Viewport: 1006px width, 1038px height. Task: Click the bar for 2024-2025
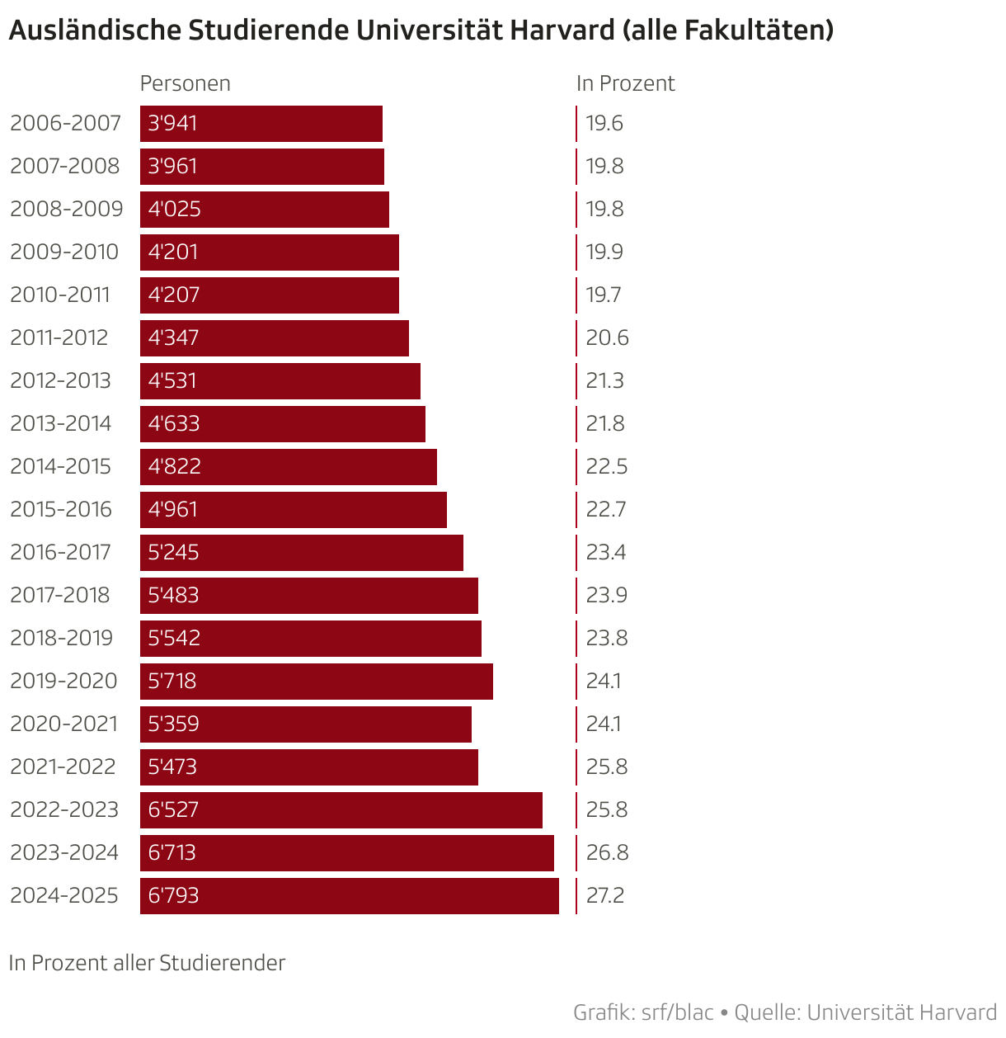[x=350, y=895]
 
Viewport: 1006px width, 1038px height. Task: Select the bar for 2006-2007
[x=261, y=123]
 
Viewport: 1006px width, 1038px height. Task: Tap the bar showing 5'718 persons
[x=317, y=681]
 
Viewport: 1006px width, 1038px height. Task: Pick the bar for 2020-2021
[x=306, y=724]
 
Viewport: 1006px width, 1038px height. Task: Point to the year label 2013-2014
[x=61, y=423]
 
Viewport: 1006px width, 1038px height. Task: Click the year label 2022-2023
[x=64, y=809]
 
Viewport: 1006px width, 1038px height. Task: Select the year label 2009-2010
[x=64, y=252]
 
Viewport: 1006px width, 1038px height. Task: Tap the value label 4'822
[x=175, y=466]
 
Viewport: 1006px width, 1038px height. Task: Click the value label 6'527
[x=174, y=809]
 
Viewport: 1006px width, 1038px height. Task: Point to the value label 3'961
[x=173, y=166]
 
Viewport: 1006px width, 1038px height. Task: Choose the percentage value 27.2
[x=605, y=895]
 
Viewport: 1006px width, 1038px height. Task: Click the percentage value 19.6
[x=604, y=123]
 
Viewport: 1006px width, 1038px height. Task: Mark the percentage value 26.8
[x=608, y=852]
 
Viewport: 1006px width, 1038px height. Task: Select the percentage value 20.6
[x=608, y=337]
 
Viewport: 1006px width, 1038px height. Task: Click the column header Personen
[x=186, y=83]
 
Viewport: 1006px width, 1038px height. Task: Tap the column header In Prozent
[x=626, y=83]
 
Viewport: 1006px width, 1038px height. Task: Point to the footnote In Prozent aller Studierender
[x=148, y=963]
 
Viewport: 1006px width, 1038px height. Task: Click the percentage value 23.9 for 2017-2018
[x=607, y=595]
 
